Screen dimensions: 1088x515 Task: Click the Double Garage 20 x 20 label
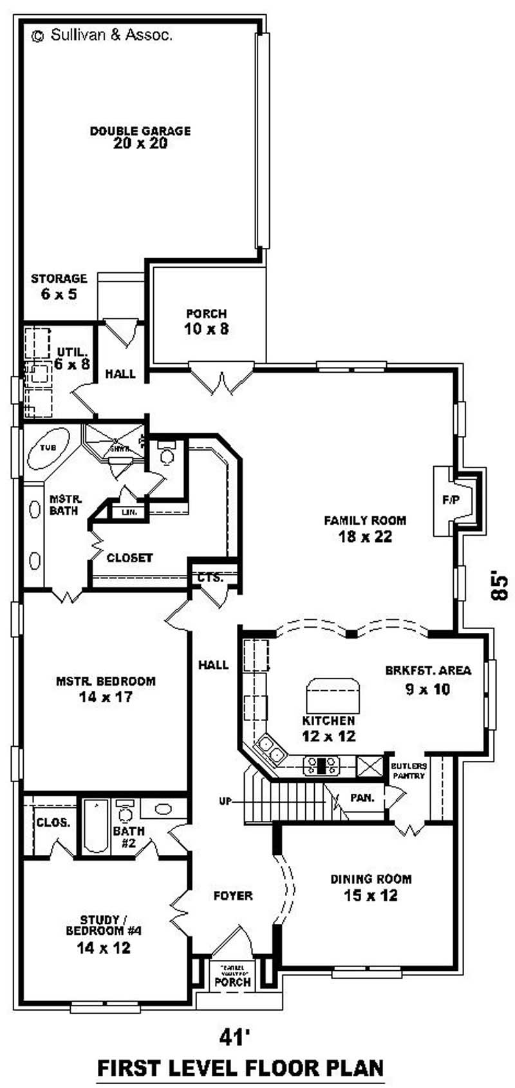140,137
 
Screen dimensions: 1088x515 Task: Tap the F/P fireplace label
451,500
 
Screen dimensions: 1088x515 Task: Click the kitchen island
332,694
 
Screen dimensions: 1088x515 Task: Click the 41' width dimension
234,1038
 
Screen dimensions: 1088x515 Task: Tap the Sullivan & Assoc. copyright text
102,36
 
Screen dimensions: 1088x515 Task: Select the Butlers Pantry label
409,771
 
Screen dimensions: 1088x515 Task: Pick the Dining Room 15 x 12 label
371,887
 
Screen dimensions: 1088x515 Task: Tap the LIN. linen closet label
129,512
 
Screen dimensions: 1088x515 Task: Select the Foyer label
233,896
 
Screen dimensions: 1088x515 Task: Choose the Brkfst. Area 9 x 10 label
428,679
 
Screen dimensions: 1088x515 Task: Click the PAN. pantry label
362,798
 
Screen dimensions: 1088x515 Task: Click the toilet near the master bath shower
167,455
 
